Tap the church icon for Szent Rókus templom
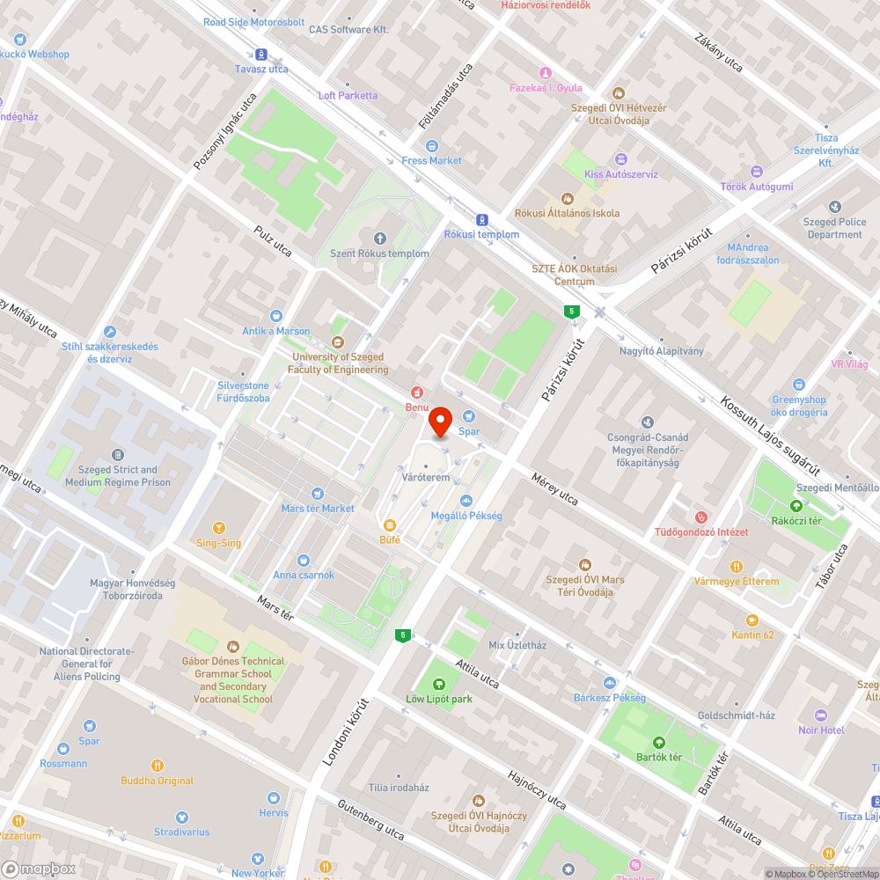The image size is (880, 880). (x=380, y=238)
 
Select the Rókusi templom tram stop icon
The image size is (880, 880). (x=481, y=220)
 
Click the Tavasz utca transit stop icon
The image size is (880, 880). (x=261, y=54)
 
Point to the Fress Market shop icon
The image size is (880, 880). (x=431, y=145)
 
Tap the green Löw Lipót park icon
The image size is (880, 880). (x=439, y=685)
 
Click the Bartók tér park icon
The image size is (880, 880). (x=659, y=742)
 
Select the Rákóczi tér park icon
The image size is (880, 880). (x=796, y=505)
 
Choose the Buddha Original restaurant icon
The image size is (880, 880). (x=158, y=766)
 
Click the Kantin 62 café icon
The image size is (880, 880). (x=752, y=620)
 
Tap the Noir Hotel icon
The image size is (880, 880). (x=821, y=715)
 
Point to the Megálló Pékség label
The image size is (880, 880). (x=466, y=516)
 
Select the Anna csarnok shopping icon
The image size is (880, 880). (x=304, y=560)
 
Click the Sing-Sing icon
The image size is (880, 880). (x=218, y=528)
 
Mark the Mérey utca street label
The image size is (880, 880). (x=554, y=488)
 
